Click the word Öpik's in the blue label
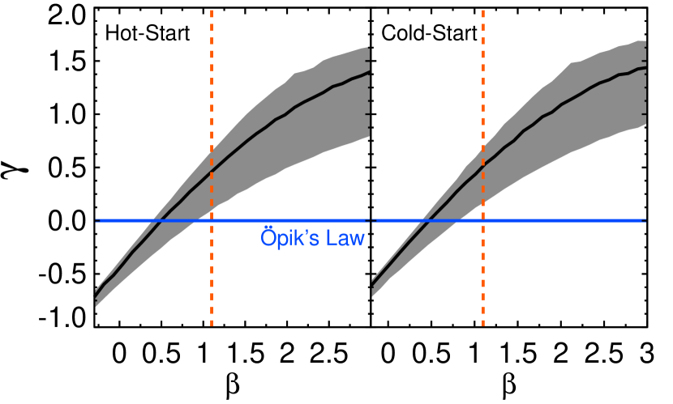[x=285, y=238]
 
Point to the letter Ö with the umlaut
[x=268, y=237]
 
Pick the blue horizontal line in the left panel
[x=130, y=220]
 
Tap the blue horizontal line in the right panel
[x=568, y=220]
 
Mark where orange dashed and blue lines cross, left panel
[x=212, y=220]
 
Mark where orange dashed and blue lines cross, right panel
[x=483, y=220]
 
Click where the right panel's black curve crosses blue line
[x=430, y=220]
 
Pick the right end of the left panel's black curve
[x=369, y=72]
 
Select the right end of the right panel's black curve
[x=645, y=69]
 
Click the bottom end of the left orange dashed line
[x=212, y=324]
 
